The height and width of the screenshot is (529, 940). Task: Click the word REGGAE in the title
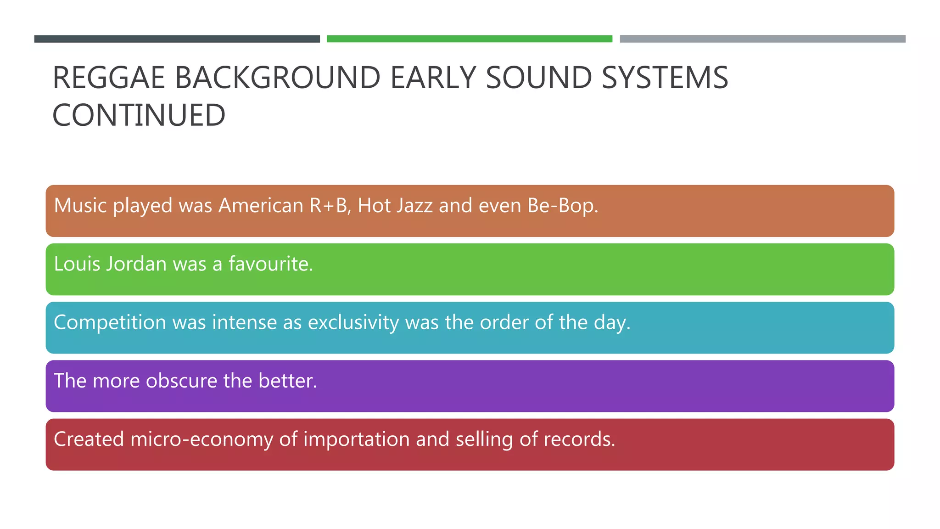tap(108, 78)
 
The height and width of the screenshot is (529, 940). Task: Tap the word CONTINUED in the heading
tap(139, 115)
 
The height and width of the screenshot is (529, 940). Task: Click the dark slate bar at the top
tap(177, 39)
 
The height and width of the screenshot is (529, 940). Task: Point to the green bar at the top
tap(469, 39)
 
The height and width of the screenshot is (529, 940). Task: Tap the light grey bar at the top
tap(762, 39)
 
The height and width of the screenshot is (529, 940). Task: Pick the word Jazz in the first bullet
tap(414, 205)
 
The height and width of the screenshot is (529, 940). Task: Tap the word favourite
tap(270, 264)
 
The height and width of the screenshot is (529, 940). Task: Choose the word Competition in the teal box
tap(110, 322)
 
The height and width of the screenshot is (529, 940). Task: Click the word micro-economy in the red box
tap(201, 439)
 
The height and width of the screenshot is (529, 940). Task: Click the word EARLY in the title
tap(433, 78)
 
